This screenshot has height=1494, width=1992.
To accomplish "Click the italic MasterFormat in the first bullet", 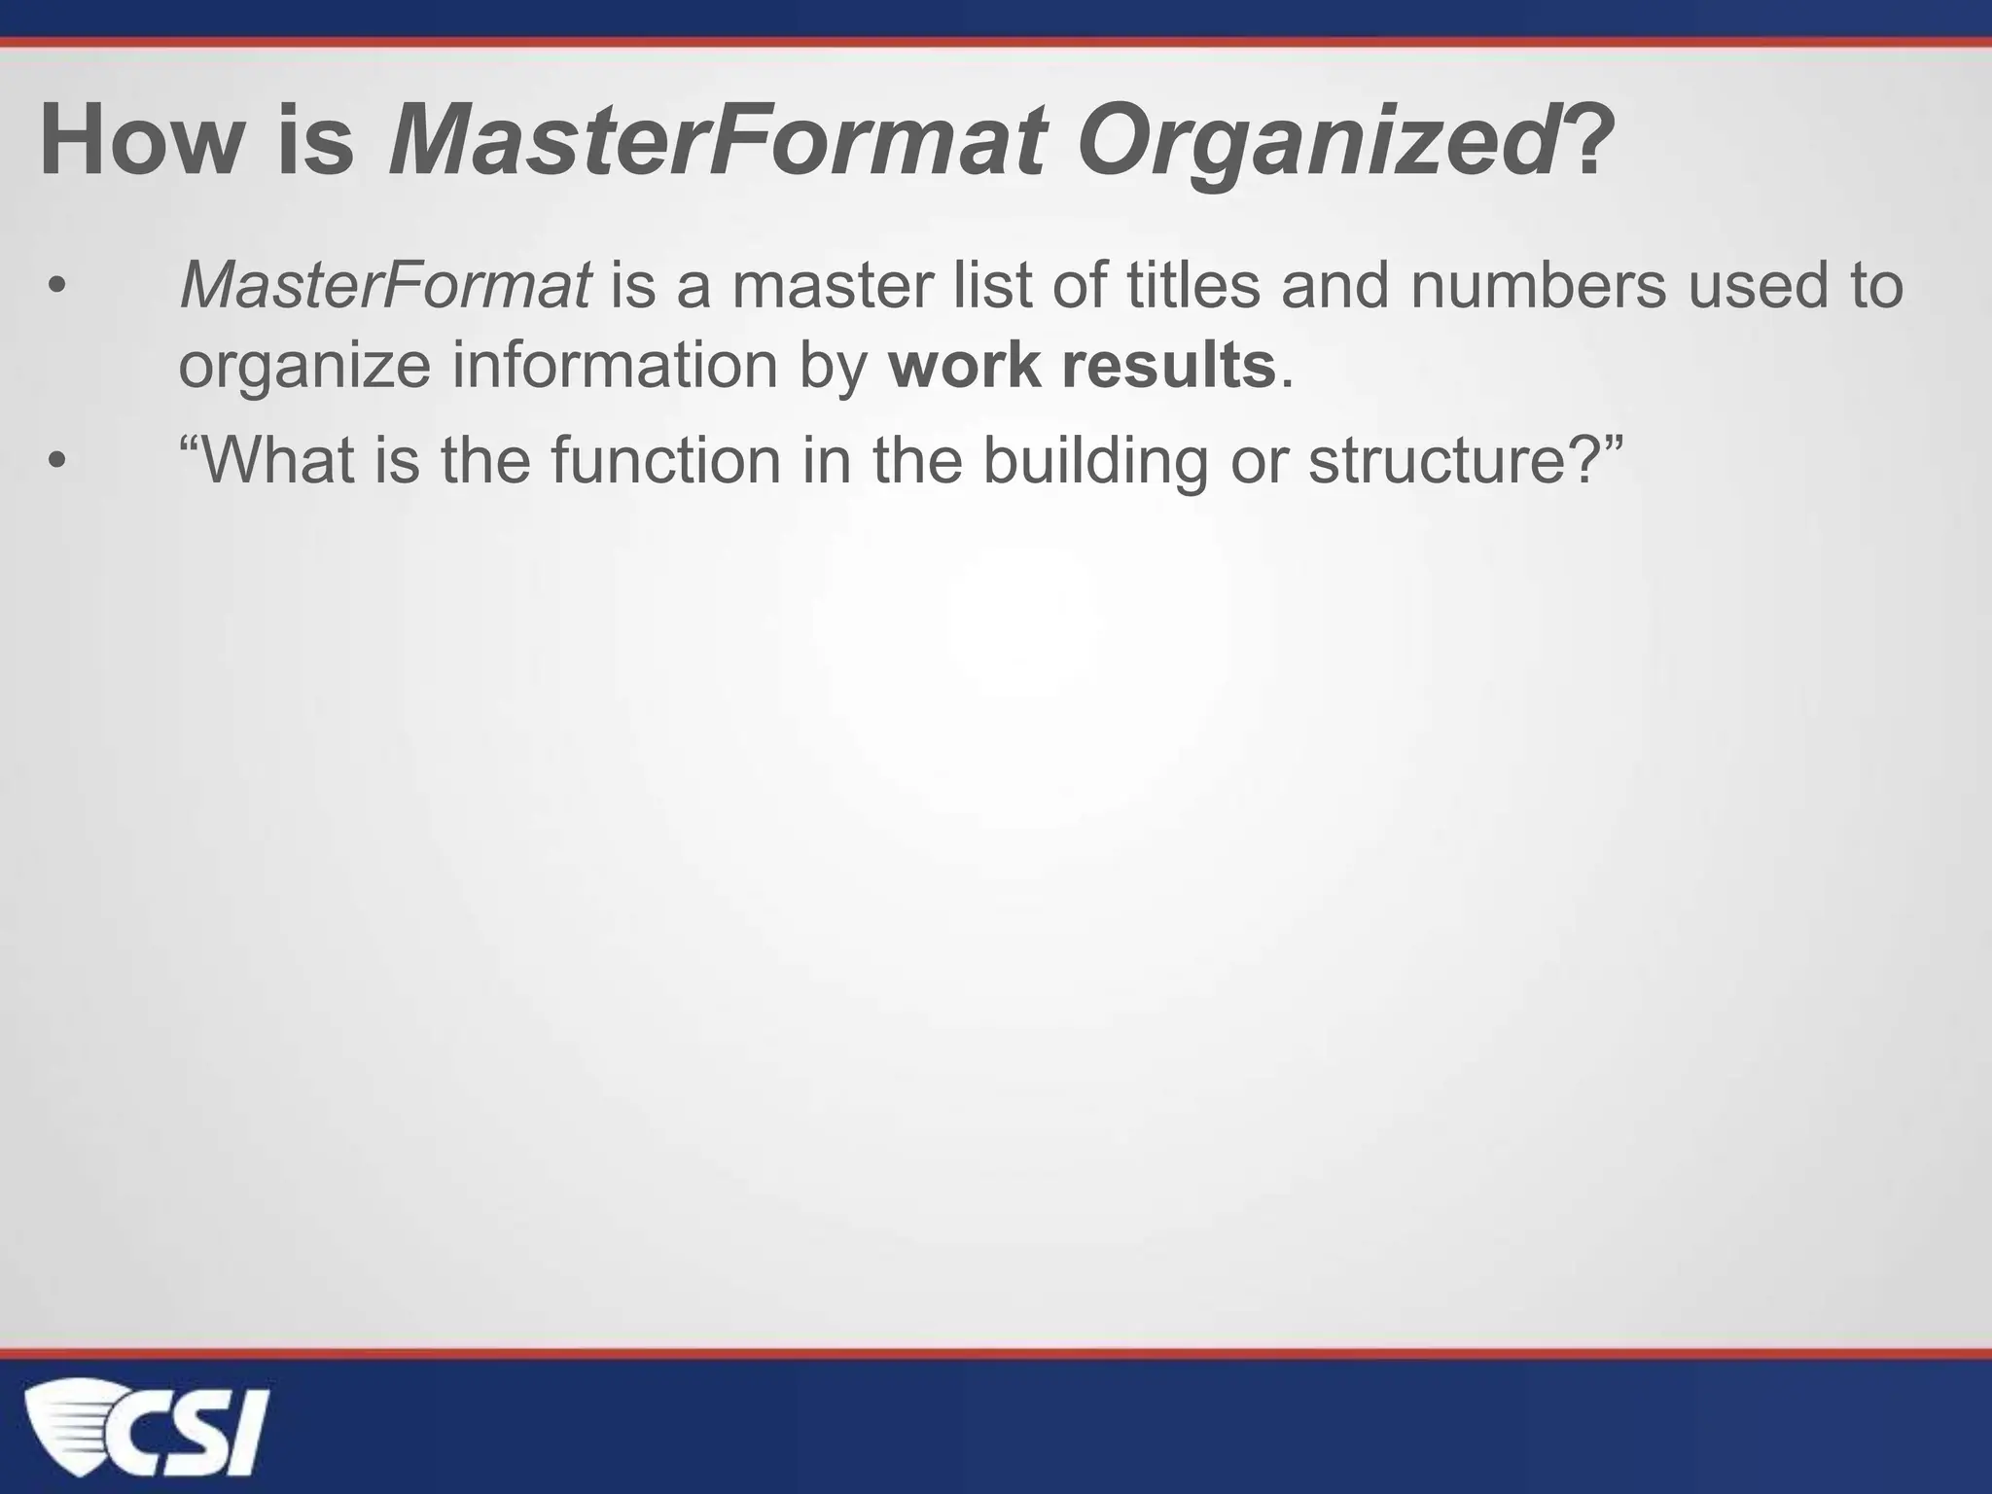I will click(x=385, y=286).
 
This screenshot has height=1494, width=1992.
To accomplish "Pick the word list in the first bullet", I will click(x=988, y=286).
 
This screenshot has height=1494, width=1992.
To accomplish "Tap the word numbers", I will click(x=1538, y=286).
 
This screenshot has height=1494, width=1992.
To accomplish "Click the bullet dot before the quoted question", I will click(x=57, y=461).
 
